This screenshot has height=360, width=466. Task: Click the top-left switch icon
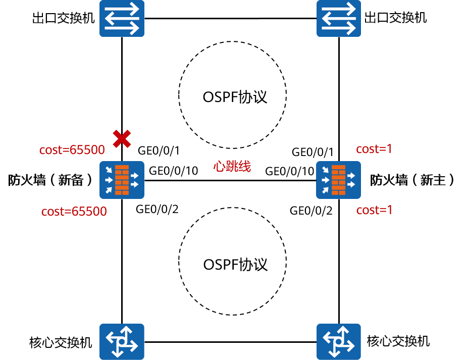click(122, 18)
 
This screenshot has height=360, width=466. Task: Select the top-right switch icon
click(339, 18)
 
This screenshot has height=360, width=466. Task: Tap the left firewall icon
click(122, 180)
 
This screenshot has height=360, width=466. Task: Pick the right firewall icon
click(338, 180)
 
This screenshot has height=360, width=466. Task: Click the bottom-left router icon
click(122, 341)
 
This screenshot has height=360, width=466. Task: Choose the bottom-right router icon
click(339, 341)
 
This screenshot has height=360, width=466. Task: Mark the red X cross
click(122, 138)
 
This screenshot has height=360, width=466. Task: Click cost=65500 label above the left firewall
click(72, 150)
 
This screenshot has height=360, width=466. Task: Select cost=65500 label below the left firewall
click(74, 212)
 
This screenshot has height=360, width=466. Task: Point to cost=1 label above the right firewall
click(374, 149)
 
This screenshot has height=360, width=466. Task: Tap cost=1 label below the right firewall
click(375, 210)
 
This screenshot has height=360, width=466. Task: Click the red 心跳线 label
click(232, 167)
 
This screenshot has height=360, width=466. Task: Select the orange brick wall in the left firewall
click(122, 180)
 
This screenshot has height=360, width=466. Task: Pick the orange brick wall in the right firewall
click(339, 180)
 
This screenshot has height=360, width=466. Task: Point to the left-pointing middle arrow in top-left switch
click(122, 18)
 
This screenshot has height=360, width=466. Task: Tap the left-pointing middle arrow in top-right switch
click(339, 18)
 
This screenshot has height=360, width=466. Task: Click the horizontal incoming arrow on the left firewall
click(108, 180)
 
